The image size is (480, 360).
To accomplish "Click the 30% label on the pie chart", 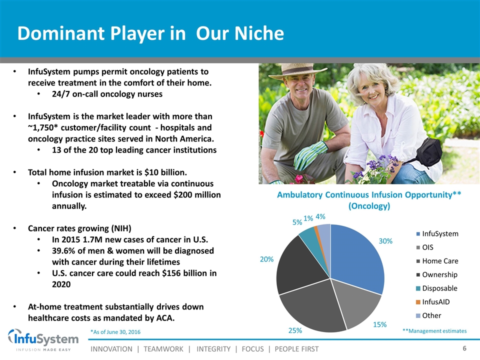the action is [385, 241].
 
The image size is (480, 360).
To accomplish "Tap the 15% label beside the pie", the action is [379, 324].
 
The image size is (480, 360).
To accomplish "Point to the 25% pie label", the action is [295, 330].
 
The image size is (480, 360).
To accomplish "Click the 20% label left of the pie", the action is [266, 259].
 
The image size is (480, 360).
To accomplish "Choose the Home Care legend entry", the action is [437, 261].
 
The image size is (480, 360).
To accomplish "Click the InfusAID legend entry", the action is [433, 302].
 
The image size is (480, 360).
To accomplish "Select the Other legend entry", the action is [428, 315].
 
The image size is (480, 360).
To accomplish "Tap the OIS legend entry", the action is [425, 247].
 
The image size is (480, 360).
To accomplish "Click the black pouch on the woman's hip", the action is [428, 151].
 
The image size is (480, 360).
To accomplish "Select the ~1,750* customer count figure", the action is [43, 127].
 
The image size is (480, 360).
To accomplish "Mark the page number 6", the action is [464, 348].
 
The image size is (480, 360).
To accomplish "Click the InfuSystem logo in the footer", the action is [43, 340].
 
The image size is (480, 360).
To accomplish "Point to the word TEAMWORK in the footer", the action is [163, 349].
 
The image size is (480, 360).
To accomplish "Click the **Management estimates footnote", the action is [434, 331].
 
